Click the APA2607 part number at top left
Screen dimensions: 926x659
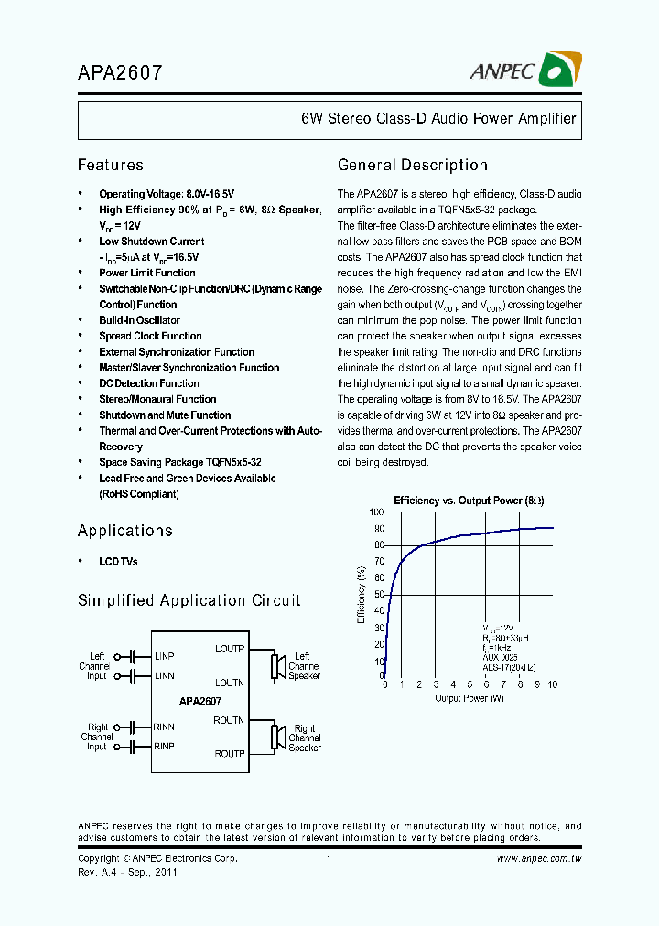pos(120,72)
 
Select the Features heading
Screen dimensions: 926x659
pos(110,165)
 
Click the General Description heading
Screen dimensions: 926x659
pos(412,165)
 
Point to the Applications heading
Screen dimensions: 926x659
pos(124,531)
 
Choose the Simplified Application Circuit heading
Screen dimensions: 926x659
pos(189,600)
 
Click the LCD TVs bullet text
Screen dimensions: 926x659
pos(118,561)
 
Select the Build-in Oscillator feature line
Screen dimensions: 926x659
pos(139,320)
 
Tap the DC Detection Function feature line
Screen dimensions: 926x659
pos(148,383)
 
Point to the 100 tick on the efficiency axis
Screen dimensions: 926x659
pos(376,512)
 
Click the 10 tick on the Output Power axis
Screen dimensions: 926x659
pos(552,685)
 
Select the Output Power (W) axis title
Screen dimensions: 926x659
pos(469,699)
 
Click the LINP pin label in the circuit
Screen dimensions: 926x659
pos(164,656)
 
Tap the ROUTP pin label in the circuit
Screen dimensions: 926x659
pos(229,754)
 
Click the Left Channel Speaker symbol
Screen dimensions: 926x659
pos(274,666)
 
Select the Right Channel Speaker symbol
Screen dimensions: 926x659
pos(274,738)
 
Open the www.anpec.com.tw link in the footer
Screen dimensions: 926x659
pos(539,859)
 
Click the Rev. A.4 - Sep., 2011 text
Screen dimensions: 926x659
pos(127,872)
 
